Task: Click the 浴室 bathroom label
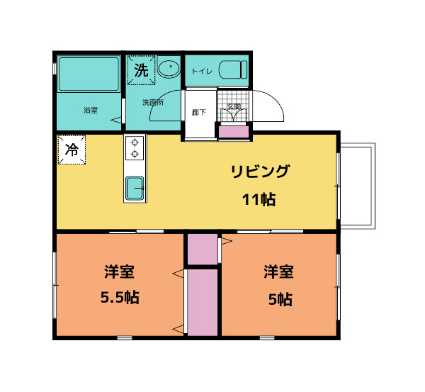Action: pyautogui.click(x=90, y=110)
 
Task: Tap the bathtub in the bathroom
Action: pyautogui.click(x=89, y=74)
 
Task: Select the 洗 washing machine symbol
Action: pyautogui.click(x=141, y=70)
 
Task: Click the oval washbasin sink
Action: pyautogui.click(x=169, y=69)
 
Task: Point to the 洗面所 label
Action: pyautogui.click(x=152, y=103)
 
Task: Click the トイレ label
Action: pyautogui.click(x=202, y=71)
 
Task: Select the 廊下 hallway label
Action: pyautogui.click(x=199, y=112)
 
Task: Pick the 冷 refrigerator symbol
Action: pyautogui.click(x=72, y=150)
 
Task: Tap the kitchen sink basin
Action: pyautogui.click(x=135, y=189)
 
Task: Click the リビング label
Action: pyautogui.click(x=259, y=171)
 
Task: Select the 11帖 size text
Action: pyautogui.click(x=259, y=199)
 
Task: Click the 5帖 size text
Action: pyautogui.click(x=280, y=298)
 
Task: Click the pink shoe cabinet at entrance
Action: pyautogui.click(x=232, y=131)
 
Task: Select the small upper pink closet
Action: pyautogui.click(x=202, y=248)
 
